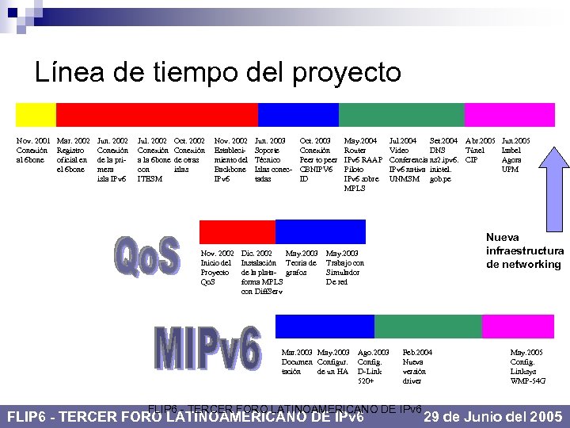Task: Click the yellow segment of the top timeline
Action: [36, 117]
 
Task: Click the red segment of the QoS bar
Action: [237, 231]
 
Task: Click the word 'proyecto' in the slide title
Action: [346, 73]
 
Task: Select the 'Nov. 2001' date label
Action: [33, 141]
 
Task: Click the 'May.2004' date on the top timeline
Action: [359, 141]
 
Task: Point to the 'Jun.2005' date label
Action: [516, 141]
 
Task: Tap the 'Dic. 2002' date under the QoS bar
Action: [256, 253]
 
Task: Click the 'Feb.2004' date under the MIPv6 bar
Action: [417, 351]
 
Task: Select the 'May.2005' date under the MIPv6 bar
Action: [526, 351]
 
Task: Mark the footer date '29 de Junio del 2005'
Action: [493, 417]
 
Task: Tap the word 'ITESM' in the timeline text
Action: [150, 179]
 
